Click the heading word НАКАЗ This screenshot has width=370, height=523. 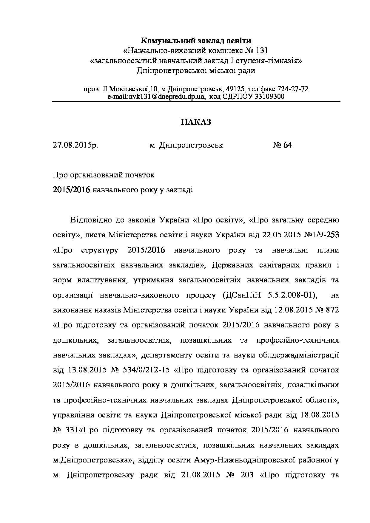coord(196,122)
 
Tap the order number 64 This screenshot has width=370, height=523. coord(288,145)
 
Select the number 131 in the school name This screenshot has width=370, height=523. coord(257,50)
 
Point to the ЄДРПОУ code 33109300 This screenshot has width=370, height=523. coord(268,97)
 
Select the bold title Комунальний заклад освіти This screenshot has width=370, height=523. coord(196,40)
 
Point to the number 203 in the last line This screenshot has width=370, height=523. coord(246,475)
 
